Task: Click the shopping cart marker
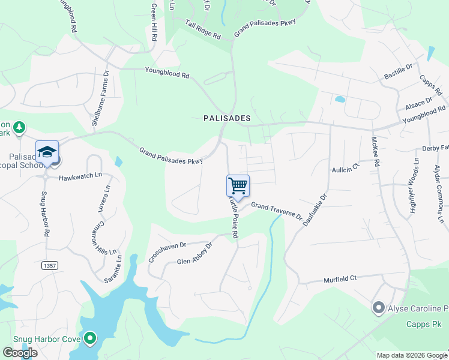coord(238,185)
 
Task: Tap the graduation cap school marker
coord(47,152)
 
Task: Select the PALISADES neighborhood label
coord(227,118)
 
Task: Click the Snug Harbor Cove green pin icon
coord(90,339)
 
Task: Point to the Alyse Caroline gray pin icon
coord(378,308)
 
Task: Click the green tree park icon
coord(20,127)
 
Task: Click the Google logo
coord(20,353)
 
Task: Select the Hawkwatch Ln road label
coord(81,178)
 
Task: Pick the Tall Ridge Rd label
coord(203,30)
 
